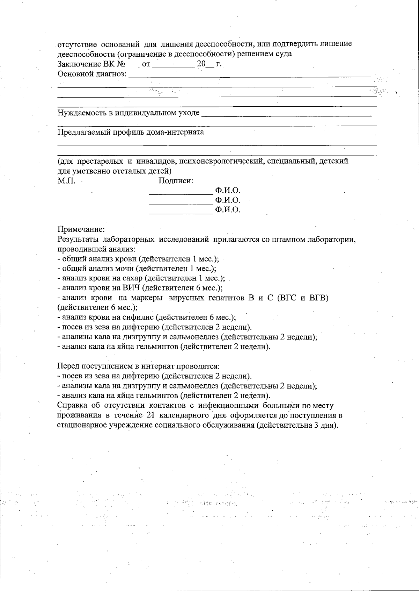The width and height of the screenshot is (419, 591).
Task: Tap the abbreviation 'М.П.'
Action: pos(66,181)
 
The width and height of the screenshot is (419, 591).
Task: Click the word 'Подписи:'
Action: pos(176,181)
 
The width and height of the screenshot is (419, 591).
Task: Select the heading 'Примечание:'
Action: pos(81,230)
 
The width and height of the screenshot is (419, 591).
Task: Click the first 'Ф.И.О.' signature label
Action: pos(228,191)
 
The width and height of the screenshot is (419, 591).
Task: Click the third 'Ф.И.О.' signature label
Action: pos(228,210)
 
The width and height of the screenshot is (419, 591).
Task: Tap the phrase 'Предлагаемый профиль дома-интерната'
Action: pos(131,132)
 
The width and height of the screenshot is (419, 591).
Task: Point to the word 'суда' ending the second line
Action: pos(284,54)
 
